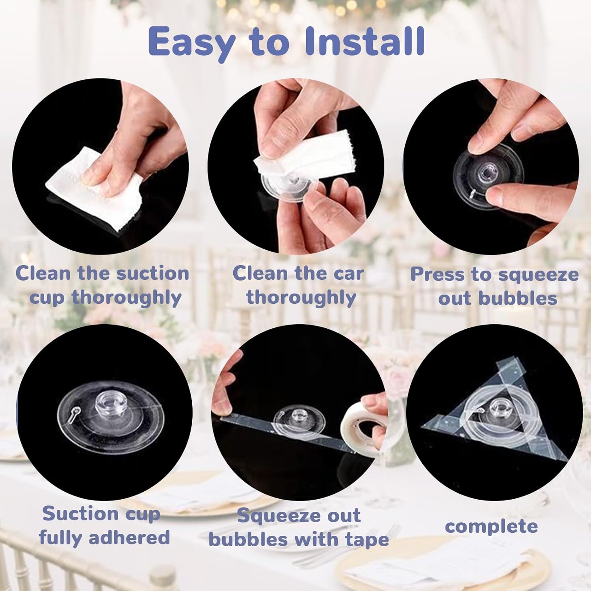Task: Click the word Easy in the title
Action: (191, 43)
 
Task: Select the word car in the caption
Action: (347, 273)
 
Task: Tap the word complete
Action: (491, 526)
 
